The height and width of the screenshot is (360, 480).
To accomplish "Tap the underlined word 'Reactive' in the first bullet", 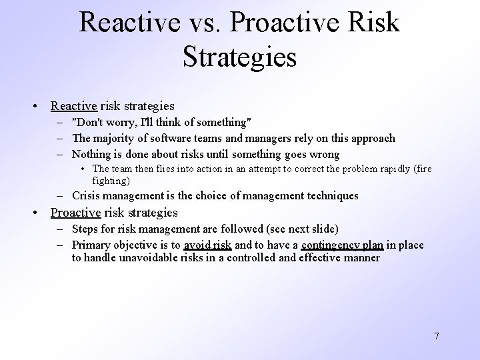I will click(x=74, y=105).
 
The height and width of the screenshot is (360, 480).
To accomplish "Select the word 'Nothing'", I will click(x=92, y=154).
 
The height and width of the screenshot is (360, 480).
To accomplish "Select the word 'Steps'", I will click(x=86, y=229).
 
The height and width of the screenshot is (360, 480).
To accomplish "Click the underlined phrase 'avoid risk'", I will click(x=207, y=245).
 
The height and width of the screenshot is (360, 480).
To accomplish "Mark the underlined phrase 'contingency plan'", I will click(x=342, y=245).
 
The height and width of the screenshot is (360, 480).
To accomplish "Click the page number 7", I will click(x=437, y=335).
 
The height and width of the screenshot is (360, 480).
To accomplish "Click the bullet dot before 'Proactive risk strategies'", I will click(x=38, y=213).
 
